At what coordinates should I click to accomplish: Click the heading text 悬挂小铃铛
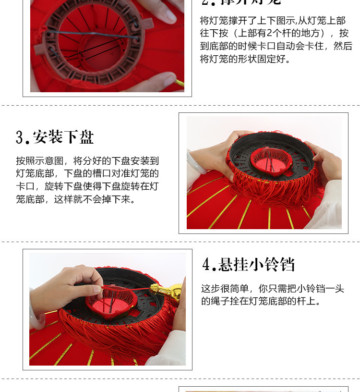pyautogui.click(x=256, y=265)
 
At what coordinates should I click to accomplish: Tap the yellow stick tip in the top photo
pyautogui.click(x=180, y=83)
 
